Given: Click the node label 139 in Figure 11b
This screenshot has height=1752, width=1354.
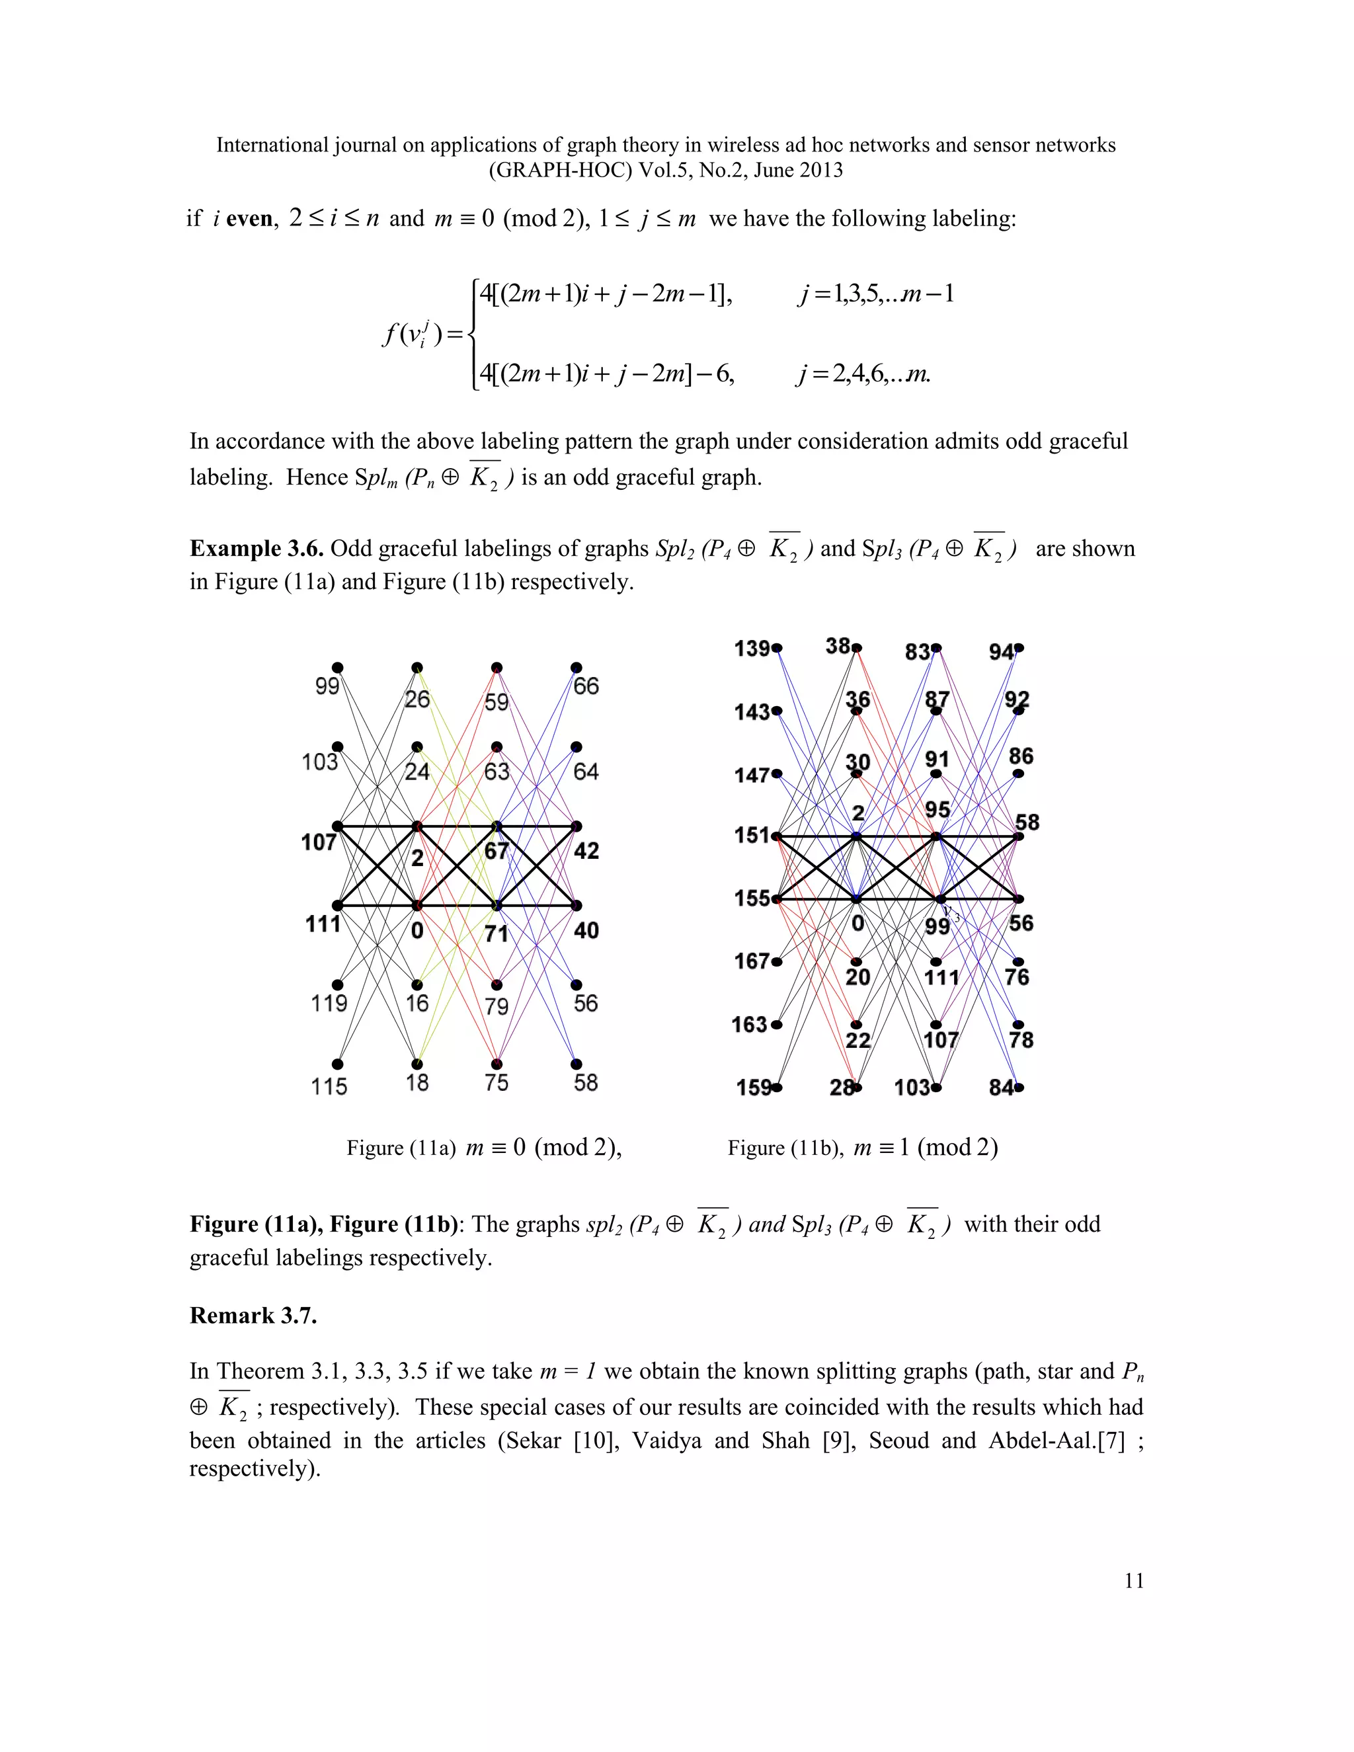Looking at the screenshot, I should pyautogui.click(x=752, y=648).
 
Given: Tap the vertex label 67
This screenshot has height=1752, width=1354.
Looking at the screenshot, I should pyautogui.click(x=497, y=851).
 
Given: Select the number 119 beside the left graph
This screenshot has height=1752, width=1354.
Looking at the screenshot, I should pyautogui.click(x=329, y=1004).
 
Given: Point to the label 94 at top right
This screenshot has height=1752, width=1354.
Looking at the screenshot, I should pyautogui.click(x=1002, y=652).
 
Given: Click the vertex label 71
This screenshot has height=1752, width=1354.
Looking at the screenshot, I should pyautogui.click(x=497, y=934).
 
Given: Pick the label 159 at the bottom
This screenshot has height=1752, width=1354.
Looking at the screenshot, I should pyautogui.click(x=754, y=1088).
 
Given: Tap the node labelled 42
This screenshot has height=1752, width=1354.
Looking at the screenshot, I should pyautogui.click(x=586, y=851).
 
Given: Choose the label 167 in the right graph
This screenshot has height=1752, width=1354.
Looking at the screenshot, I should pyautogui.click(x=752, y=961).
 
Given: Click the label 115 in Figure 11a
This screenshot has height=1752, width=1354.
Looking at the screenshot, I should pyautogui.click(x=329, y=1086).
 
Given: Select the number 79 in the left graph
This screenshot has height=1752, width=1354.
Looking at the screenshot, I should pyautogui.click(x=497, y=1006).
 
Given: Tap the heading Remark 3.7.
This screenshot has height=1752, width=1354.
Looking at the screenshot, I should pyautogui.click(x=253, y=1316).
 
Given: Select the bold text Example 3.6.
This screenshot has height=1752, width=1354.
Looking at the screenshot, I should pyautogui.click(x=257, y=549).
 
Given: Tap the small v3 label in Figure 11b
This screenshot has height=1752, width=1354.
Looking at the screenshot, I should pyautogui.click(x=951, y=912).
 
